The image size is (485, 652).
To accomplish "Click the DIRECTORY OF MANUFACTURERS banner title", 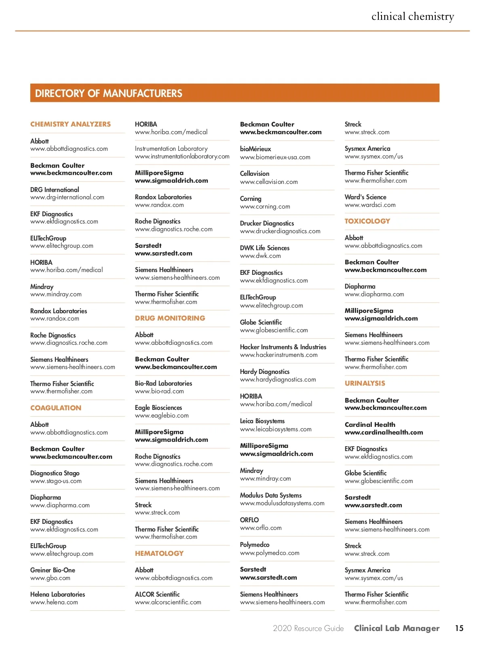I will [x=108, y=93].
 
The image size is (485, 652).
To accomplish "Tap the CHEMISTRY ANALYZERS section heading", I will [x=70, y=124].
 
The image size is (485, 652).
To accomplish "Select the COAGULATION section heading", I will [x=56, y=408].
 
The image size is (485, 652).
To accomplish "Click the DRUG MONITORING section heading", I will [x=170, y=318].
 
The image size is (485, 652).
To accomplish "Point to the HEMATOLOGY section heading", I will [x=159, y=553].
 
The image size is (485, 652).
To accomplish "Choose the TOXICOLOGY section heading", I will [x=367, y=221].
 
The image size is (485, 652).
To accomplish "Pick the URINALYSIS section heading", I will [x=365, y=383].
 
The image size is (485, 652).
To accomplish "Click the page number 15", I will [x=459, y=628].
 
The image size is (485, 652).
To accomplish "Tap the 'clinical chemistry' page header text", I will [x=413, y=17].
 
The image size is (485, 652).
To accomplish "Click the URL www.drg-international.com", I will [x=67, y=197].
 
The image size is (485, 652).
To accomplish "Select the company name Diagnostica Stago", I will [x=55, y=473].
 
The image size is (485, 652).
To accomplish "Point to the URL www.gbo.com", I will [x=50, y=578].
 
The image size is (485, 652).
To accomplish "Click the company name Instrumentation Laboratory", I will [x=171, y=149].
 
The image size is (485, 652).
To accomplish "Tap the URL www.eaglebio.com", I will [x=162, y=416].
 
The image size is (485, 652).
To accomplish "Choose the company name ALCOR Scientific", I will [x=157, y=594].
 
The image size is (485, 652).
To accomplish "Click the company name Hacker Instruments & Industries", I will [x=283, y=347].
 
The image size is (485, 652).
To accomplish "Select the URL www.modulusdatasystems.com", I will [x=282, y=503].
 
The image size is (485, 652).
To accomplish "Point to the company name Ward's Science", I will [x=365, y=197].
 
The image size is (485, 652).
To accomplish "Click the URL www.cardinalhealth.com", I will [x=384, y=433].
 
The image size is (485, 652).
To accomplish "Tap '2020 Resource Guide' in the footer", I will [x=308, y=628].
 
